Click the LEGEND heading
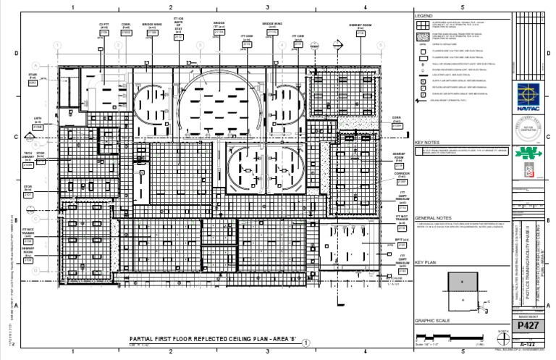click(424, 16)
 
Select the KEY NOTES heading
click(427, 143)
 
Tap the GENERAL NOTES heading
click(434, 217)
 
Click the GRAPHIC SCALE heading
click(431, 321)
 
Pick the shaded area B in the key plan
click(461, 280)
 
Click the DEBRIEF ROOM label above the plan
click(360, 26)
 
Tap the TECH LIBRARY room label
click(29, 155)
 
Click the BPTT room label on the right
click(399, 239)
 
